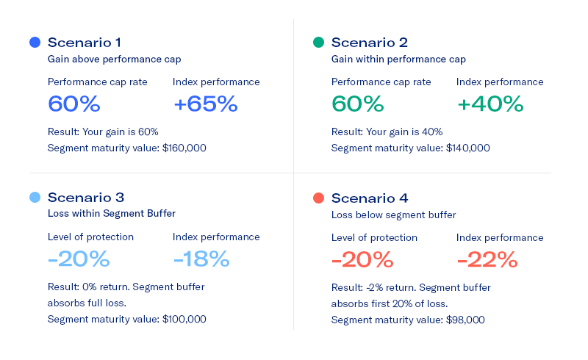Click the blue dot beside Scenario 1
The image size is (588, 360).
pos(35,43)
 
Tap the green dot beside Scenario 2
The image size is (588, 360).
pos(318,43)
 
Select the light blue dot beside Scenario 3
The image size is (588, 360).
pos(35,198)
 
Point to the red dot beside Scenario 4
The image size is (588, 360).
pos(318,198)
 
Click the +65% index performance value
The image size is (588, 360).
pos(205,104)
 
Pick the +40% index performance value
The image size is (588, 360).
pos(490,104)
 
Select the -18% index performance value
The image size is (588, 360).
pos(201,259)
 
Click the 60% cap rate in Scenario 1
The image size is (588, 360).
pos(73,104)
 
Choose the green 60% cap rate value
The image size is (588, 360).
pos(357,104)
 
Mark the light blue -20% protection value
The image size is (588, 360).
pos(79,259)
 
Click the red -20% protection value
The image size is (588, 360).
pos(362,259)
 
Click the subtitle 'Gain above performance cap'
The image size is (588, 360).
pos(114,59)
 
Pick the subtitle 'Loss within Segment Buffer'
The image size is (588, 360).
pos(112,214)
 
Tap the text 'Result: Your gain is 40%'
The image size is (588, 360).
pos(387,132)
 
